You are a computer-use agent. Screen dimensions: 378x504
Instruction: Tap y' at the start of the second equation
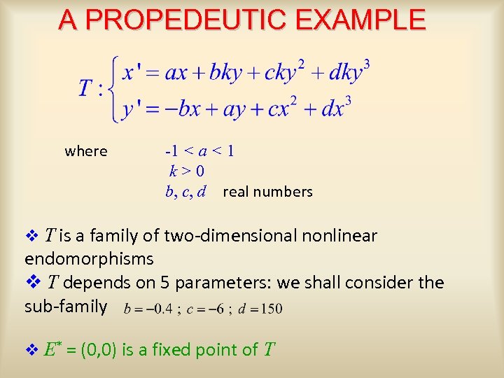tap(130, 109)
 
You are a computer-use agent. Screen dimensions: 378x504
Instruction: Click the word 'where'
tap(86, 151)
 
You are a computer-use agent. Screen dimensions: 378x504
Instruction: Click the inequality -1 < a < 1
tap(199, 151)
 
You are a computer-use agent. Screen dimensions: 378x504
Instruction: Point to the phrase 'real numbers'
tap(267, 192)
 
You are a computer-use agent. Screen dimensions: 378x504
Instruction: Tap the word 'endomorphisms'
tap(89, 259)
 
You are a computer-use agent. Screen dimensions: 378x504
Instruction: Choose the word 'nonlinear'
tap(339, 236)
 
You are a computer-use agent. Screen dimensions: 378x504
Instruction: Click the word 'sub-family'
tap(66, 307)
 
